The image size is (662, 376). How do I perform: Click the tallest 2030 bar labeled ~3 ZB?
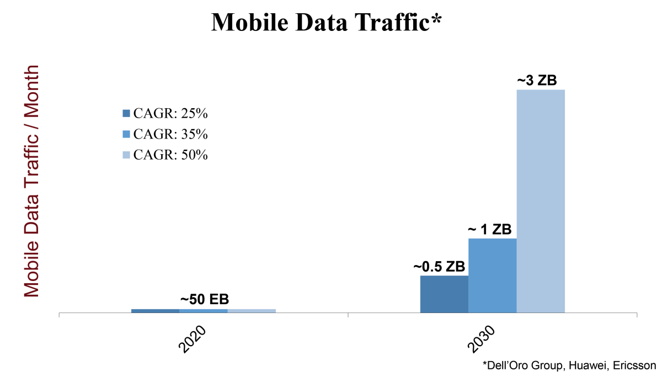541,202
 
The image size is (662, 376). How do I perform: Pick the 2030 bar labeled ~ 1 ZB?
492,276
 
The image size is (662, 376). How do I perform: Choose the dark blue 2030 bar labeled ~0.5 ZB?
444,295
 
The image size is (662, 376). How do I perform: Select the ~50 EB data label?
204,300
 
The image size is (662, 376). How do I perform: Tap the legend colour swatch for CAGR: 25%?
126,114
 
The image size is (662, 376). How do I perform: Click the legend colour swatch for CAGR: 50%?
126,155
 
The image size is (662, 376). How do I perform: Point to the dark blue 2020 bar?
155,311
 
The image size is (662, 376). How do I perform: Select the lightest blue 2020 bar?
252,311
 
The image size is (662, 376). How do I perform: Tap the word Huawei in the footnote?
584,365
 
